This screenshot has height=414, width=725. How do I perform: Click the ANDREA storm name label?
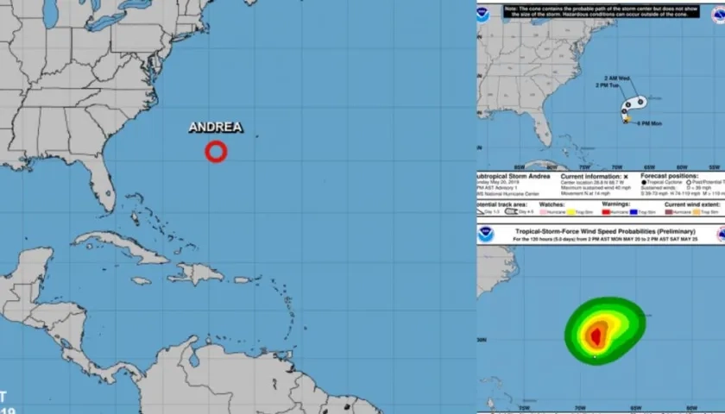click(x=216, y=128)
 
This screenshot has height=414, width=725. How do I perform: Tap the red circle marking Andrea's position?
click(x=216, y=152)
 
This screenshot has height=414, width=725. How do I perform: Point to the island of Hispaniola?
click(x=197, y=273)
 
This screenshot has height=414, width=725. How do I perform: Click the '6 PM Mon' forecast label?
click(x=649, y=123)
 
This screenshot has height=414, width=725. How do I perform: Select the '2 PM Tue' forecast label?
click(x=609, y=85)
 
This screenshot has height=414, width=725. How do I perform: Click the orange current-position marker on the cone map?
click(x=627, y=118)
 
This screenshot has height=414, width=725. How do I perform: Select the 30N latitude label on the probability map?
click(x=482, y=340)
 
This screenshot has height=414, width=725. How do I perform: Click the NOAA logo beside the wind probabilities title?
click(x=486, y=234)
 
